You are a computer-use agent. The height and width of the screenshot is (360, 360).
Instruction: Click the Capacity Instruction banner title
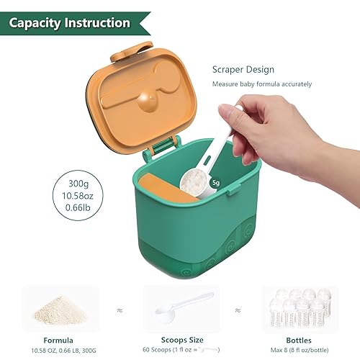[x=69, y=23]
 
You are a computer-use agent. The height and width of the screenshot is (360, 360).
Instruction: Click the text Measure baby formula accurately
[x=261, y=84]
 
